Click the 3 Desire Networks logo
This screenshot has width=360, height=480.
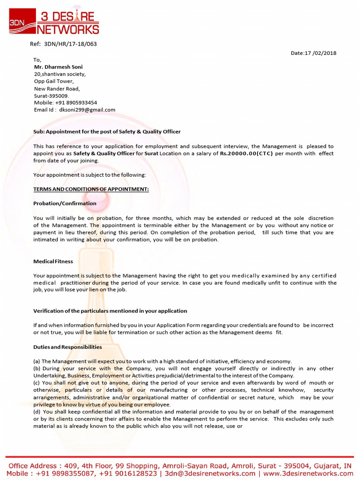click(x=54, y=21)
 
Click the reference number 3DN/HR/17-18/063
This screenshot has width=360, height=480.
click(x=70, y=44)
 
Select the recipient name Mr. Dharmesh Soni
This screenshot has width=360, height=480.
click(x=58, y=67)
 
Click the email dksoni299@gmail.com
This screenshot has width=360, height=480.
click(x=87, y=110)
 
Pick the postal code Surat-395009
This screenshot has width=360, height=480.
click(x=51, y=96)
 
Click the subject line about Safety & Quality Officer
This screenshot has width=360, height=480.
click(x=107, y=132)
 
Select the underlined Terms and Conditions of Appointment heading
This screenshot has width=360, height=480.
click(x=91, y=189)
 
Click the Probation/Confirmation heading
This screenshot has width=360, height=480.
click(x=65, y=203)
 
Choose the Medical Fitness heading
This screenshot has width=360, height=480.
click(x=53, y=261)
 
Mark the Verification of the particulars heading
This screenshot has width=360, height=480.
click(x=110, y=311)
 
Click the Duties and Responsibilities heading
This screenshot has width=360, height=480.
click(x=67, y=347)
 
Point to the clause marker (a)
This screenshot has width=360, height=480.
click(x=37, y=361)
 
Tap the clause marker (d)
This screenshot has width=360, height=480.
click(x=37, y=412)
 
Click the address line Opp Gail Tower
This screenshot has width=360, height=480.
click(x=53, y=81)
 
